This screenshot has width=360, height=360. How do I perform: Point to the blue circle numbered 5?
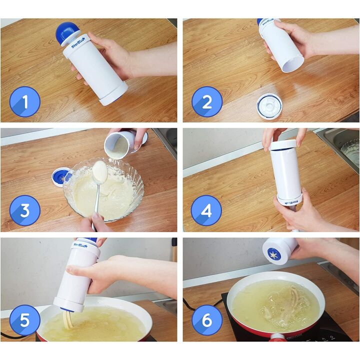point(24,320)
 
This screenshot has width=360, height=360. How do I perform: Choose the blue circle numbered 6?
point(207,320)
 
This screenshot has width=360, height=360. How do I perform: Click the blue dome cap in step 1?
point(65,32)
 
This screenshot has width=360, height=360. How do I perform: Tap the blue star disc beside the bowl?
point(61,176)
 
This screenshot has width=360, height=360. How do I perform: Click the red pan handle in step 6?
point(276,337)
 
